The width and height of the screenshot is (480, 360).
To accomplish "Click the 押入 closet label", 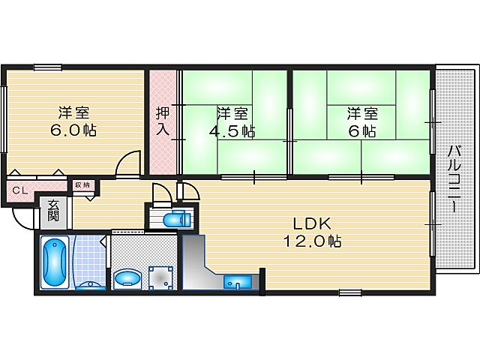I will click(163, 123).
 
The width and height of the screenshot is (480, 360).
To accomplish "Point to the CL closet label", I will click(20, 190).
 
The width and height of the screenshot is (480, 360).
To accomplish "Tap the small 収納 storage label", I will click(81, 184).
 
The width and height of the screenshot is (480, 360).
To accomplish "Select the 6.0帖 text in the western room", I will click(74, 130).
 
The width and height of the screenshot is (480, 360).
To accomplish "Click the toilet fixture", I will click(177, 219).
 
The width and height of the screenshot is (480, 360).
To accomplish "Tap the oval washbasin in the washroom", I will click(127, 279).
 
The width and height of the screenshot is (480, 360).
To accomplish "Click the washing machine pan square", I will click(160, 277).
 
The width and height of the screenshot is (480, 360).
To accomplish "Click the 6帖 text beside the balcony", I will click(362, 131).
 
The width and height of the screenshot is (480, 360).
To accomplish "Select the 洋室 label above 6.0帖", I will click(74, 112).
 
